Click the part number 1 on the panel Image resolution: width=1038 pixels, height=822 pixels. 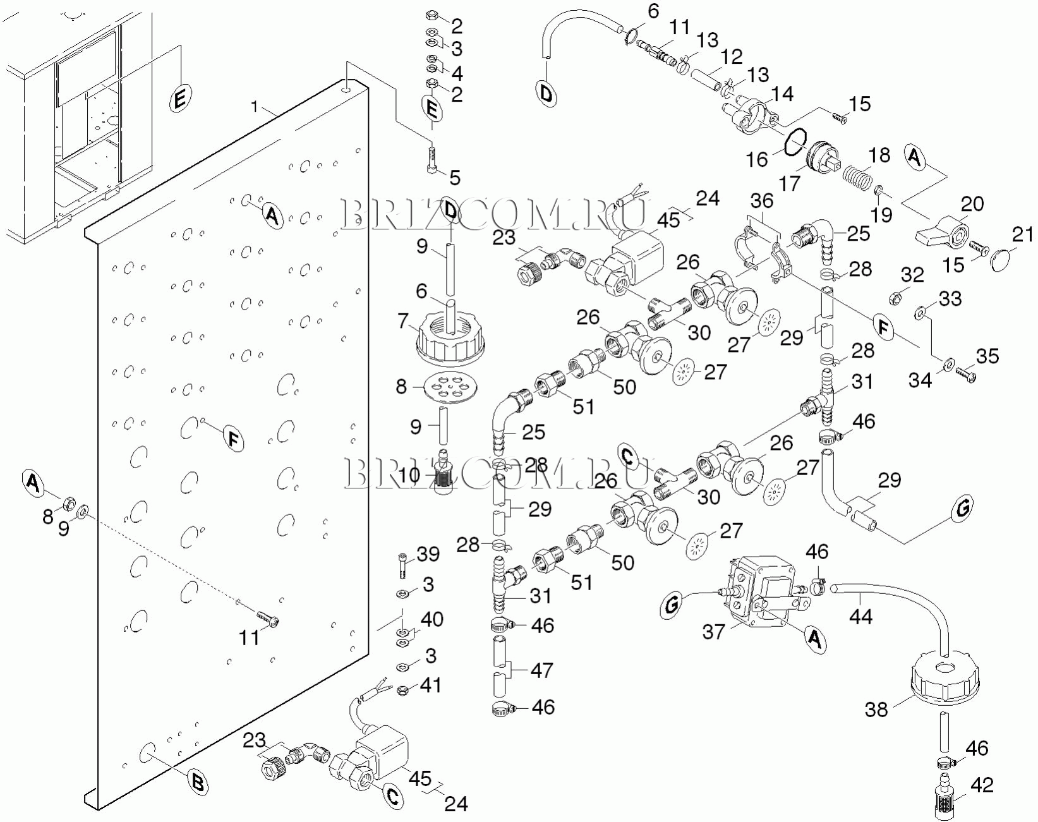coord(255,107)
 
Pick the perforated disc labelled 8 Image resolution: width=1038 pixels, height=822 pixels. coord(452,387)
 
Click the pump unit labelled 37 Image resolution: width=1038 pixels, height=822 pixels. coord(761,591)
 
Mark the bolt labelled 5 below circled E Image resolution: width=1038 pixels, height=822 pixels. coord(432,160)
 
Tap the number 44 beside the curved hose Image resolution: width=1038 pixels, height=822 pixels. coord(861,616)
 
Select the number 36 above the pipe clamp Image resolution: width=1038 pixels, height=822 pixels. coord(762,201)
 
